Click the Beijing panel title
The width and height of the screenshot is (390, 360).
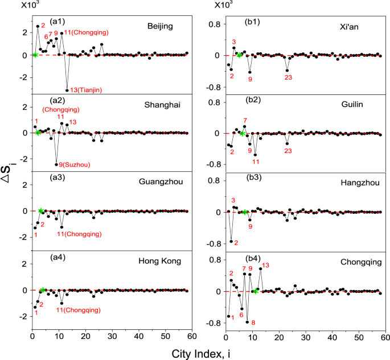click(159, 27)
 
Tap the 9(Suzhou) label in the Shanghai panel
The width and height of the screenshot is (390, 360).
click(77, 165)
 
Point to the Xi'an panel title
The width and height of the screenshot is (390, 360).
click(348, 27)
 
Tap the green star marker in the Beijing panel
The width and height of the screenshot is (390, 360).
click(35, 55)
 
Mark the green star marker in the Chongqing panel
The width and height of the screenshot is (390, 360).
click(256, 292)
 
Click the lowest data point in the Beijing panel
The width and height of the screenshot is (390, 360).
click(67, 90)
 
